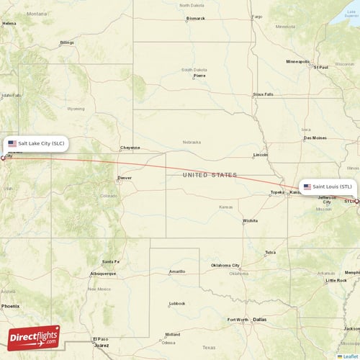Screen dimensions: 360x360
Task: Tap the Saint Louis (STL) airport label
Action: click(328, 186)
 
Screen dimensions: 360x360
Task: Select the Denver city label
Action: click(125, 177)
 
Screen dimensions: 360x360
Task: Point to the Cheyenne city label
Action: click(130, 148)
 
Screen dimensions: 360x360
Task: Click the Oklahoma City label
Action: click(230, 266)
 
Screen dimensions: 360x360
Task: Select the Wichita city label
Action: click(251, 220)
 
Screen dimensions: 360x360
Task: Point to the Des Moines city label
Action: click(315, 138)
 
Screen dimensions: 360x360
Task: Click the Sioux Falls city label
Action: click(263, 94)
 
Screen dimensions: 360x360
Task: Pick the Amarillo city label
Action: click(176, 271)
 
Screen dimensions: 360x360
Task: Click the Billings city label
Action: click(67, 42)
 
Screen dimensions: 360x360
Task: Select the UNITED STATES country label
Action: click(210, 175)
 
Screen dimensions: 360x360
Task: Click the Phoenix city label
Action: click(10, 306)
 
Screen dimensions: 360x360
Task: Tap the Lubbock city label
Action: click(177, 303)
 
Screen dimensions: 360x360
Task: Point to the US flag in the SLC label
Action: click(12, 143)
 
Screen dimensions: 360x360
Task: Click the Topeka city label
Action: click(277, 192)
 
